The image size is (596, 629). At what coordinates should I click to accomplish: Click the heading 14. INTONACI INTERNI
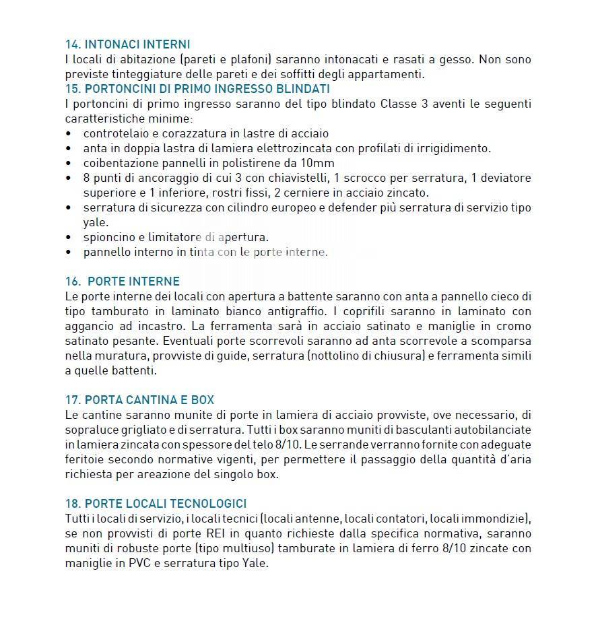click(127, 44)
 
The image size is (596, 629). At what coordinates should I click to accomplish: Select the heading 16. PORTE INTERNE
click(123, 282)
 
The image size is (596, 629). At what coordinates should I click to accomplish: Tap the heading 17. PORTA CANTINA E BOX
click(139, 400)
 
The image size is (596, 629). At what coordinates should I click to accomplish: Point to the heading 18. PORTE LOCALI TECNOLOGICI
click(156, 504)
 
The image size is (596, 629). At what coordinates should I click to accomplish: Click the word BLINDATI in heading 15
click(301, 89)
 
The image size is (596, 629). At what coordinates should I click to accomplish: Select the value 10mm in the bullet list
click(320, 163)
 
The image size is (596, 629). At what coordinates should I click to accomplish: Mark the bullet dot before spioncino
click(69, 238)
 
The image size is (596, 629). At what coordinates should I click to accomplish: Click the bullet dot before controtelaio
click(69, 134)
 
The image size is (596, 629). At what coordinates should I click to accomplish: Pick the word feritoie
click(87, 459)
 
